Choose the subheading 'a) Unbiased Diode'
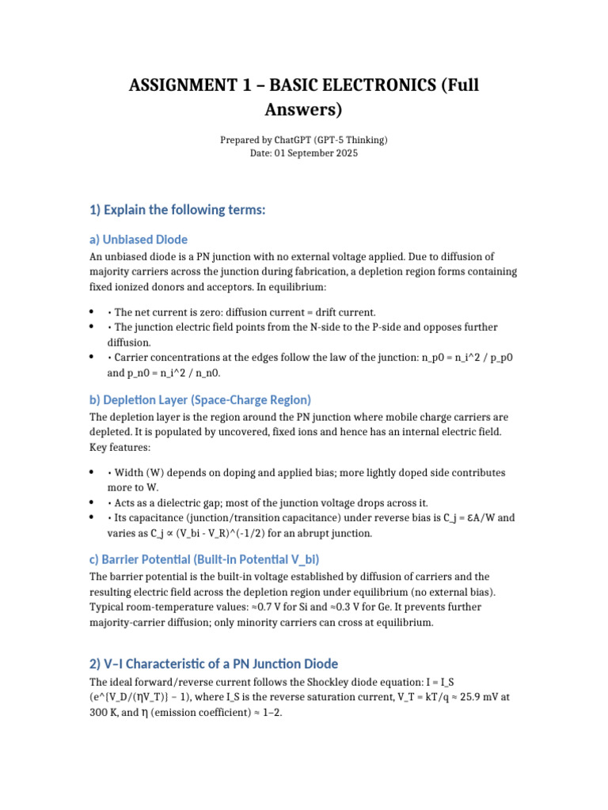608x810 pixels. tap(138, 239)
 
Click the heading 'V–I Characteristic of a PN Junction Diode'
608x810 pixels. tap(214, 663)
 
